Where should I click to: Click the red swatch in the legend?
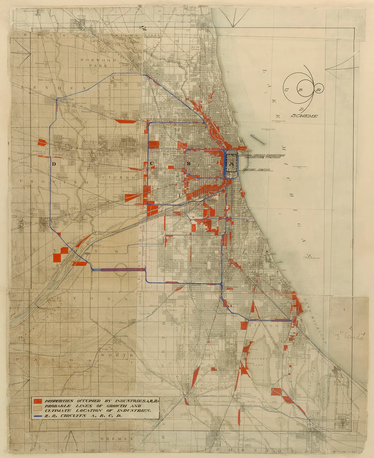[x=38, y=401]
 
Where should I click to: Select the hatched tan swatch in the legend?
[x=38, y=408]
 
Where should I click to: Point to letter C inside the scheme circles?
[x=286, y=90]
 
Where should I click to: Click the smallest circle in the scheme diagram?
[x=319, y=89]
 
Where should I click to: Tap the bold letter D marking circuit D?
[x=54, y=164]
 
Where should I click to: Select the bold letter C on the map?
[x=151, y=164]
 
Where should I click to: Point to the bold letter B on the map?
[x=188, y=163]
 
